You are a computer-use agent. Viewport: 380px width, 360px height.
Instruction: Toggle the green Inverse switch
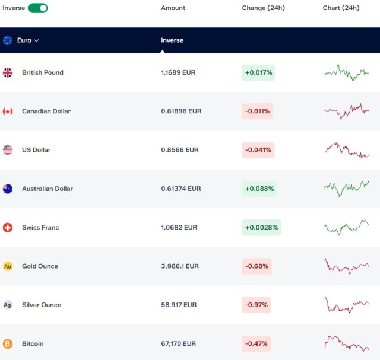click(38, 8)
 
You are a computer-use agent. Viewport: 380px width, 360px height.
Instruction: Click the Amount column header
click(173, 8)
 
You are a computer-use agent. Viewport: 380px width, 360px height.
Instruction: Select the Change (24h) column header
click(263, 8)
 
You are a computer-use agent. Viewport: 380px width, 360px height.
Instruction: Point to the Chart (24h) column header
click(341, 8)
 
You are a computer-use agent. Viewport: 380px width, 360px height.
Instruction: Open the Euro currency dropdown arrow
click(36, 40)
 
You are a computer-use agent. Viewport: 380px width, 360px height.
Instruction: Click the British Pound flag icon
click(8, 72)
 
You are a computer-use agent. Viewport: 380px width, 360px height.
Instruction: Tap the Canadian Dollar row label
click(46, 111)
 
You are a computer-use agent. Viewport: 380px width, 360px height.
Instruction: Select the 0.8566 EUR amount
click(180, 150)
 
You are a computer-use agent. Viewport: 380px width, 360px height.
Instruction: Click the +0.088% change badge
click(259, 189)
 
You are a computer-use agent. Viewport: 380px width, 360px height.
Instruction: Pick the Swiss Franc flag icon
click(8, 227)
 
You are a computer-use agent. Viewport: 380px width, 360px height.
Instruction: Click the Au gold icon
click(8, 266)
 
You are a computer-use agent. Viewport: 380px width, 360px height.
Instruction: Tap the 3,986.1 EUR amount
click(180, 266)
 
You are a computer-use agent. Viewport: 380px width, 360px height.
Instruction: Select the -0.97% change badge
click(256, 305)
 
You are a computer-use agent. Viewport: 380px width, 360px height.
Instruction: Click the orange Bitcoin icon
click(8, 343)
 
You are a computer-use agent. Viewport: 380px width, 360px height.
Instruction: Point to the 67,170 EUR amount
click(178, 343)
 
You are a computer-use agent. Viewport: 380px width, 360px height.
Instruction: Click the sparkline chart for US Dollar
click(347, 150)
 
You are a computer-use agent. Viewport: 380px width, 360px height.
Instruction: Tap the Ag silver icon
click(8, 305)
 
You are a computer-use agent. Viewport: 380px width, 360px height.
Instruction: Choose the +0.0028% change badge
click(261, 227)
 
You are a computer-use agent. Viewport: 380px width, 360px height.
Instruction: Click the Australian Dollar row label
click(47, 189)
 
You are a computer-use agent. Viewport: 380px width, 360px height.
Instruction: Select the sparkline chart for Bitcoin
click(347, 343)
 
